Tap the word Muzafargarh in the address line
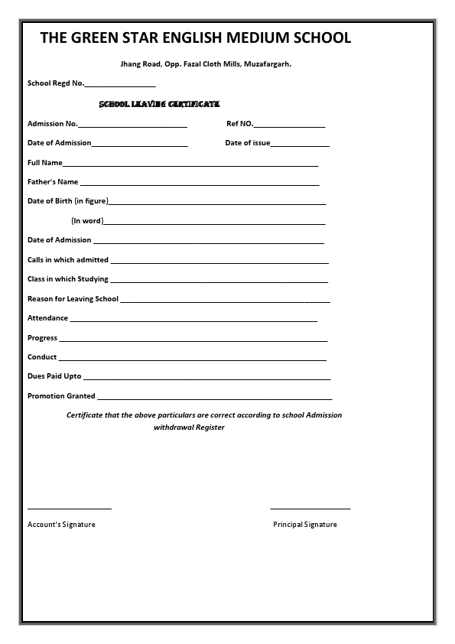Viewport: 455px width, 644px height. coord(267,64)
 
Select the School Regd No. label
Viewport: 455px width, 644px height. coord(55,83)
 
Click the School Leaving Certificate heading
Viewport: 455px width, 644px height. coord(160,103)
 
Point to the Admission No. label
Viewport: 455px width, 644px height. coord(52,123)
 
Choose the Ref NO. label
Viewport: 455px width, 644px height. coord(239,123)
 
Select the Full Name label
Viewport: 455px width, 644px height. coord(44,163)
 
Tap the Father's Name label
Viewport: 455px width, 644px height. coord(53,182)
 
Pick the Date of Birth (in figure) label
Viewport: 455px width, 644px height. coord(67,201)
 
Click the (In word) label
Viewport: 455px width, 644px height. coord(86,221)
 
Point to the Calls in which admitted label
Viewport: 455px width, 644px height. coord(68,260)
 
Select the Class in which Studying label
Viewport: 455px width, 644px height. coord(68,279)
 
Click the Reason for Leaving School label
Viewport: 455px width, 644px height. coord(73,299)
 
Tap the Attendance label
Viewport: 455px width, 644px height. coord(47,318)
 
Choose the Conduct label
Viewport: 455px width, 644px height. coord(42,357)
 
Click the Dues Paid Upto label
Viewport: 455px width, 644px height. coord(54,376)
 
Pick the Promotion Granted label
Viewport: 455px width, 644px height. coord(61,396)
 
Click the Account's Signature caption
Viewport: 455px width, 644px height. coord(61,525)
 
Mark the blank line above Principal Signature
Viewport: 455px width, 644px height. coord(310,508)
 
